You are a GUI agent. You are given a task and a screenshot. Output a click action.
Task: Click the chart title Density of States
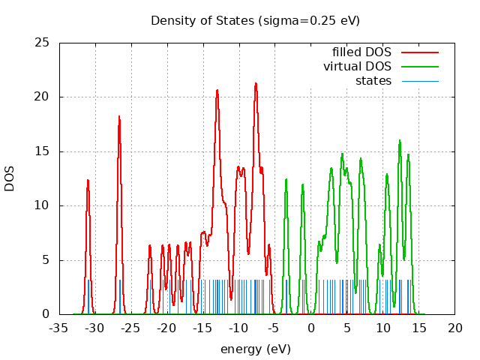[255, 20]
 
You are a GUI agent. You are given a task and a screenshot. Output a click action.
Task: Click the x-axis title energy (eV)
[255, 349]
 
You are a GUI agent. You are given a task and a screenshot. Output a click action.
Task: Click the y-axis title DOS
[10, 178]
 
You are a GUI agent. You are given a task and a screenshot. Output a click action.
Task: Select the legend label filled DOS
[361, 52]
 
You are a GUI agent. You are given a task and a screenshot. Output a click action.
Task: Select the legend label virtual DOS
[357, 67]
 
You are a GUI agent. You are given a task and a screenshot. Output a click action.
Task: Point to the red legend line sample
[419, 52]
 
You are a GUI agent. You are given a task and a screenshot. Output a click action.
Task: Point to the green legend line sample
[419, 67]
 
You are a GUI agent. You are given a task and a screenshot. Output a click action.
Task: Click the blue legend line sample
[419, 81]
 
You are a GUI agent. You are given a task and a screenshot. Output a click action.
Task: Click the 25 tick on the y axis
[43, 43]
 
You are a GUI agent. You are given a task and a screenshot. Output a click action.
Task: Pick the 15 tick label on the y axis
[43, 151]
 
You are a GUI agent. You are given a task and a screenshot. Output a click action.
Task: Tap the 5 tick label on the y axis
[46, 260]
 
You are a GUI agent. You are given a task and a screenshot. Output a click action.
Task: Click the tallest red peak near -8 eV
[256, 83]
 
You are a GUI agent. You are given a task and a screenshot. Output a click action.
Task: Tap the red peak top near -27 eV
[118, 116]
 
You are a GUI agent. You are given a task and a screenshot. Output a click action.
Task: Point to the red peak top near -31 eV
[88, 180]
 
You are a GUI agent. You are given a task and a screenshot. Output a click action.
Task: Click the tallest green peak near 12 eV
[400, 140]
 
